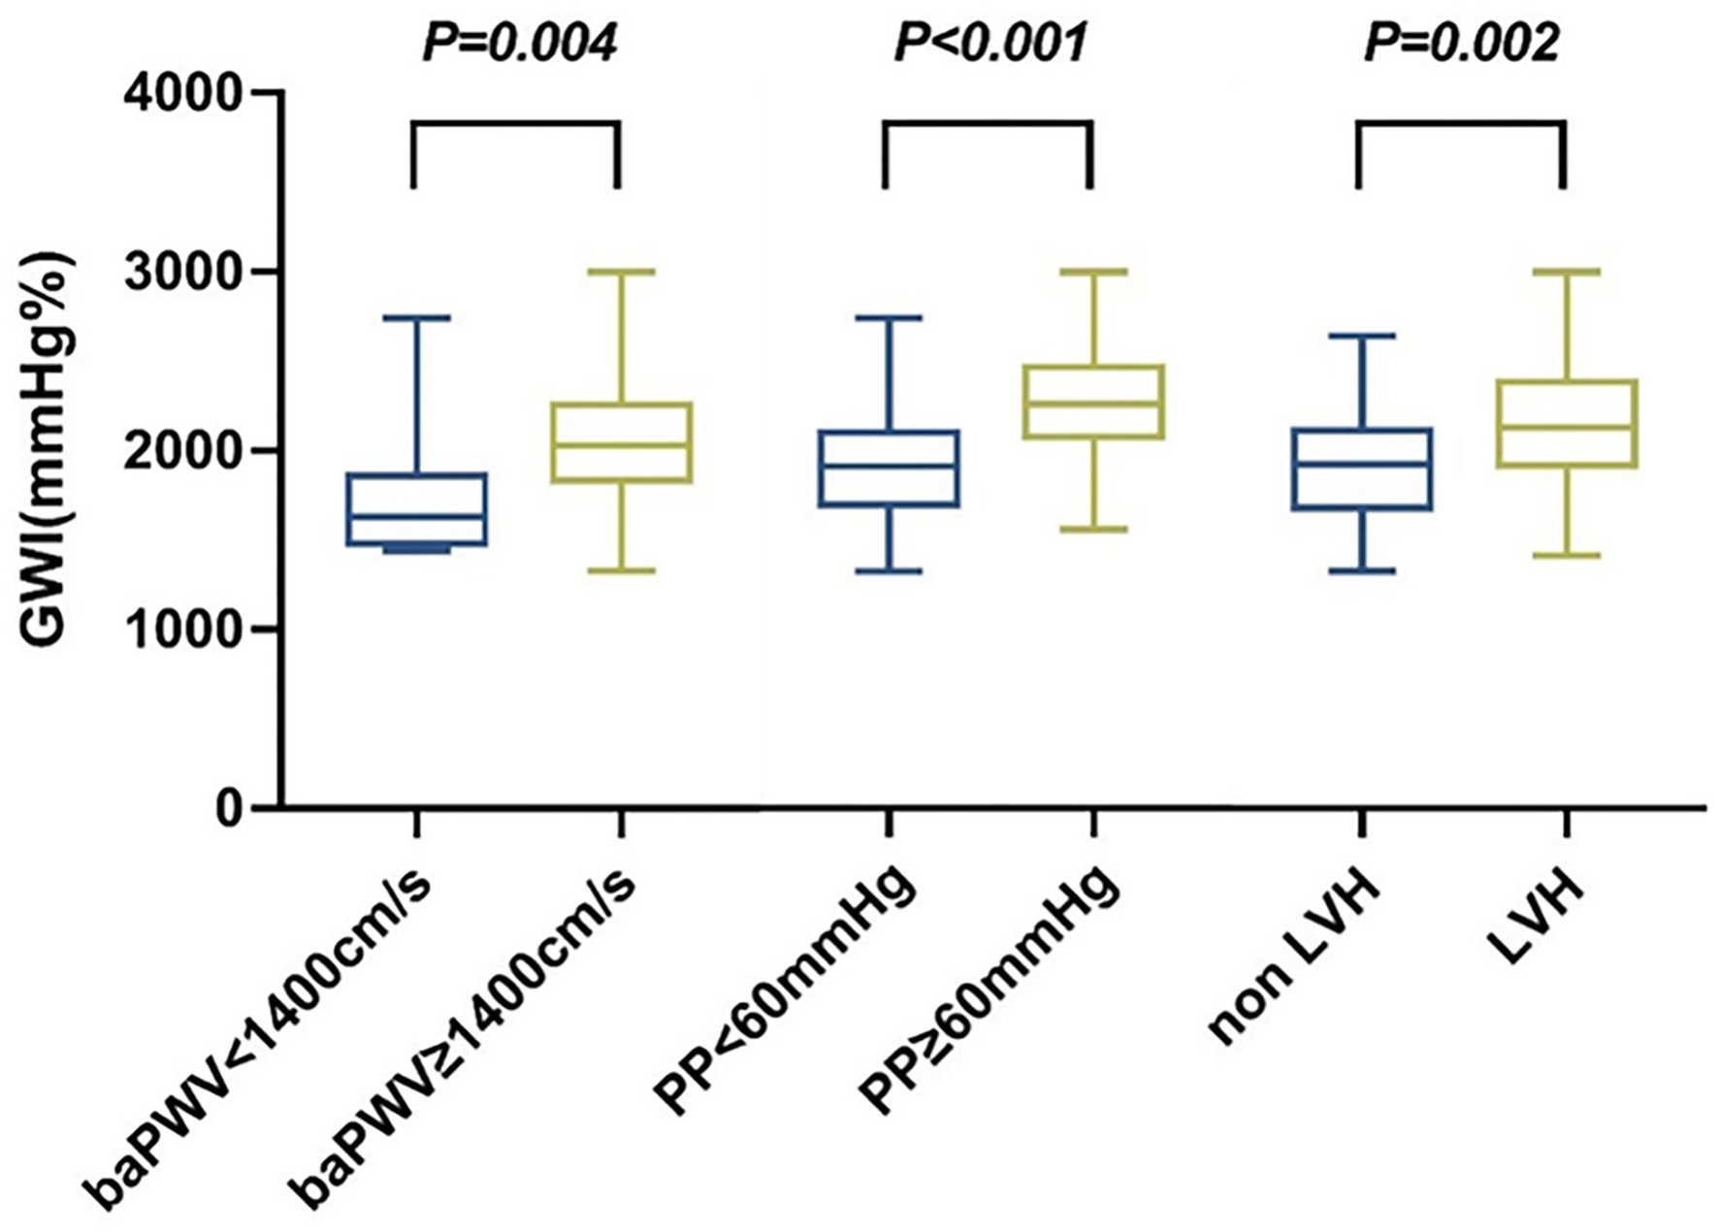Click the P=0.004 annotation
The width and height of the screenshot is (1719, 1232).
(x=520, y=44)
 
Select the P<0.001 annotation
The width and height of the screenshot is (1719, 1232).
(x=990, y=44)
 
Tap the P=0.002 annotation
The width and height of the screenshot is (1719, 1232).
(x=1462, y=44)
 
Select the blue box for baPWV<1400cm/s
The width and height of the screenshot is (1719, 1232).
(x=417, y=510)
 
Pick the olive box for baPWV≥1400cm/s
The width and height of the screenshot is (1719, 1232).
(x=621, y=442)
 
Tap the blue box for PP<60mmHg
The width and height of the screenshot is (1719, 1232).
(x=889, y=469)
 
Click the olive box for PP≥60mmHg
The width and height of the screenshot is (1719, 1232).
(x=1094, y=403)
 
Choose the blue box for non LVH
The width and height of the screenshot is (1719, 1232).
(x=1362, y=470)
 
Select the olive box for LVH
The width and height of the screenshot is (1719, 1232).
(x=1567, y=424)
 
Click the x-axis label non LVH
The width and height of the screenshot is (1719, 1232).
(x=1295, y=960)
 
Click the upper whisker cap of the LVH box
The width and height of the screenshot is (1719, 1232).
(x=1567, y=273)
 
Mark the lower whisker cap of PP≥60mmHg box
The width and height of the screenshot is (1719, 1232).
(x=1094, y=530)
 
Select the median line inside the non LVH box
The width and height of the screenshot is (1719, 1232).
(x=1362, y=464)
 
